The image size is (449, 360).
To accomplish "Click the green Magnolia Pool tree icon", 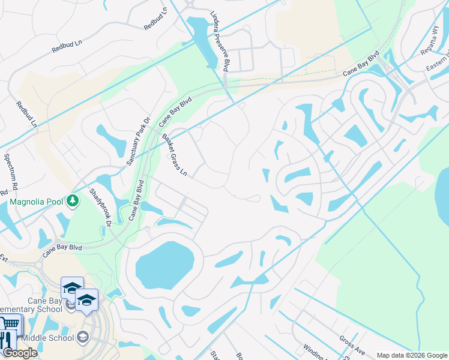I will click(73, 200).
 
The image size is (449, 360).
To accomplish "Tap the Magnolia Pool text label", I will click(36, 201).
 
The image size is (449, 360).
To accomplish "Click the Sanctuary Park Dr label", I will click(136, 142).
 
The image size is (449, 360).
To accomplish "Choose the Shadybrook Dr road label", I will click(101, 206).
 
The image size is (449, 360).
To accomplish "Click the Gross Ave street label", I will click(352, 346).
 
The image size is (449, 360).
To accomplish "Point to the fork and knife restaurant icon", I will click(7, 340).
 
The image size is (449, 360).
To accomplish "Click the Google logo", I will click(20, 353).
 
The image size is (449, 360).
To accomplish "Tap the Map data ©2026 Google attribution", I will click(412, 355).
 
